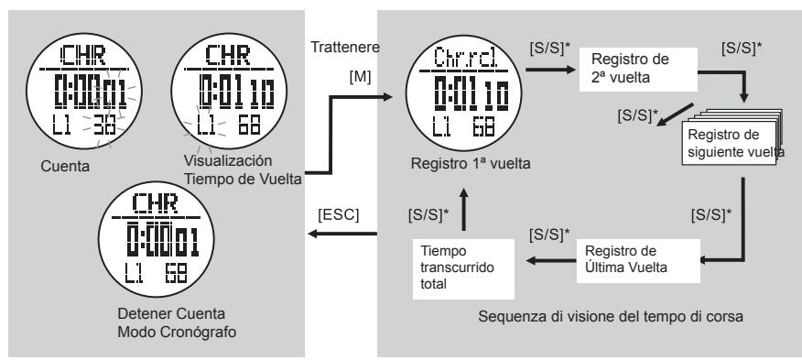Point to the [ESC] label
point(338,216)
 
